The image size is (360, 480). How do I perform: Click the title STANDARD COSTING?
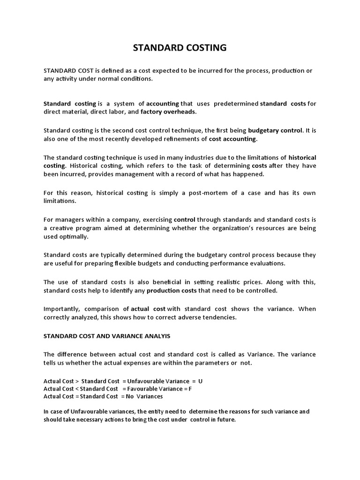pos(180,47)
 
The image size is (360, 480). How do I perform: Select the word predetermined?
pos(233,104)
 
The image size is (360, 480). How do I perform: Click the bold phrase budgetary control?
pos(276,130)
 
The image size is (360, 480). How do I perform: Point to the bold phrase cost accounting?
pos(232,139)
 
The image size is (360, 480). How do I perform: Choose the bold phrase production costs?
pos(172,291)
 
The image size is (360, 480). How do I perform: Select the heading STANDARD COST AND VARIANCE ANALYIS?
pos(107,336)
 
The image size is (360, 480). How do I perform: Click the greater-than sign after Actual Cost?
pos(77,382)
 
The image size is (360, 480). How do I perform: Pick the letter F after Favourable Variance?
pos(190,389)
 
